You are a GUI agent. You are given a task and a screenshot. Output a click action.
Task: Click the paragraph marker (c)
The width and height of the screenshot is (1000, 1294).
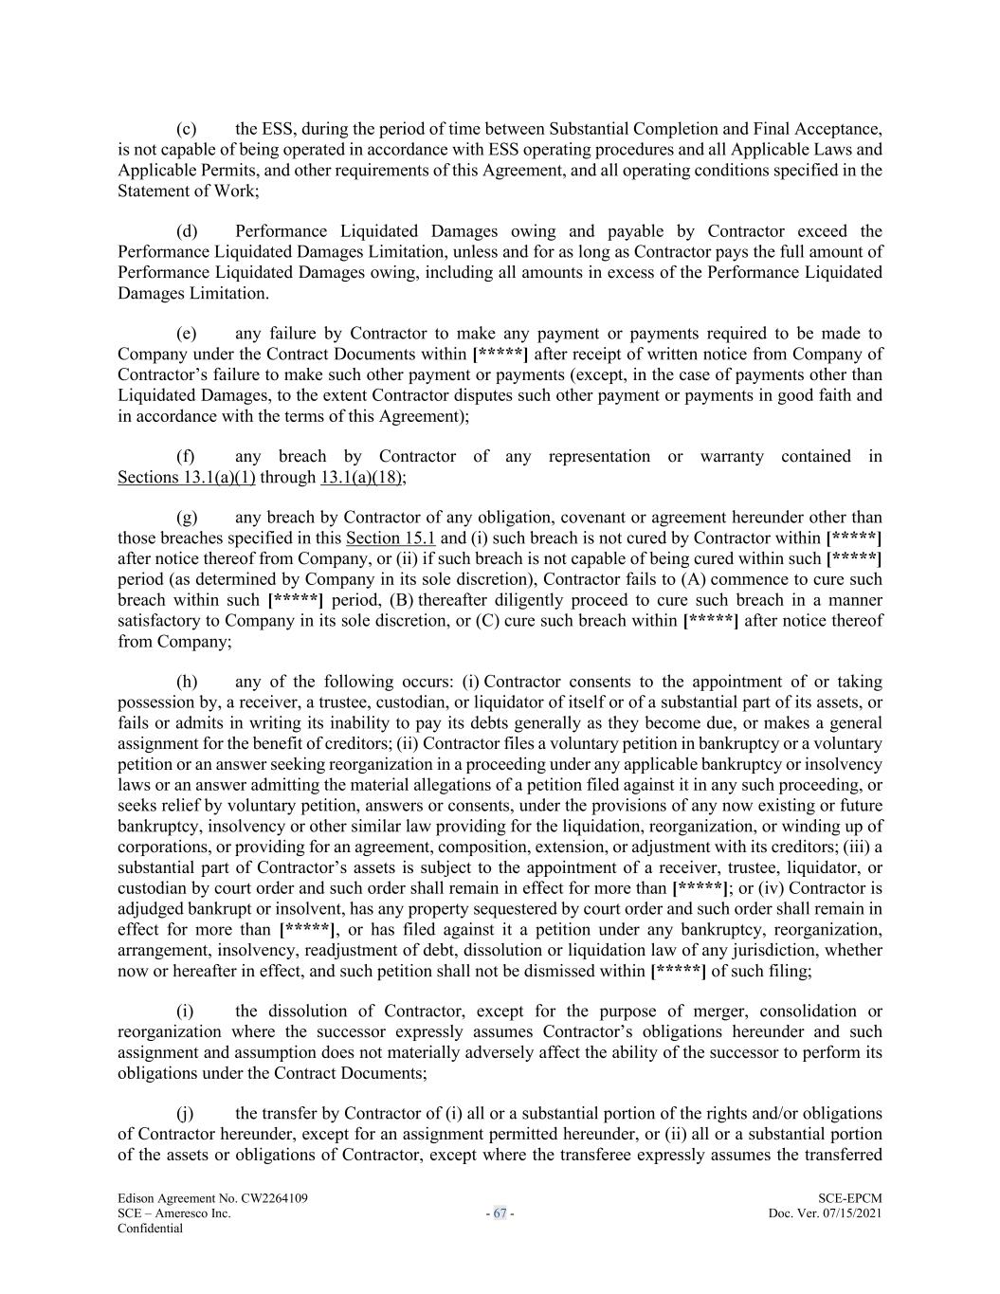pyautogui.click(x=186, y=129)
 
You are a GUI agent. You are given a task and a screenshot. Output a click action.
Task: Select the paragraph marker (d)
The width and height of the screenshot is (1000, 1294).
pyautogui.click(x=186, y=231)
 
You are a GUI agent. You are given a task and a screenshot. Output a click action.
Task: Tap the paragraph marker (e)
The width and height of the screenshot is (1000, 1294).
pyautogui.click(x=186, y=334)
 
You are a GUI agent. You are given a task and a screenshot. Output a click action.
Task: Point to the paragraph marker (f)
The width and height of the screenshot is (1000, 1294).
pyautogui.click(x=185, y=457)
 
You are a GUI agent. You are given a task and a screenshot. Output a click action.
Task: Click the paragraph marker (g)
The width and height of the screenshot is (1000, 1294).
pyautogui.click(x=186, y=518)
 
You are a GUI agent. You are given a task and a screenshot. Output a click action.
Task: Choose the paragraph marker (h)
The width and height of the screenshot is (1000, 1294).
pyautogui.click(x=186, y=682)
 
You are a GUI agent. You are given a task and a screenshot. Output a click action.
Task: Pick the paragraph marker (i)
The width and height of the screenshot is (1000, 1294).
pyautogui.click(x=185, y=1012)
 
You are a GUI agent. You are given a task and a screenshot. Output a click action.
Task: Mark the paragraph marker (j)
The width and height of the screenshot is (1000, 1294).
pyautogui.click(x=185, y=1114)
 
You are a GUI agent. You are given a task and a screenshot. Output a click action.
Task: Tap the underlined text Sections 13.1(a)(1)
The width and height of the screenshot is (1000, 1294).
pyautogui.click(x=186, y=477)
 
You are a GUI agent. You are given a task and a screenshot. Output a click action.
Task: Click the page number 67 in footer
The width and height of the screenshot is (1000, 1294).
pyautogui.click(x=500, y=1213)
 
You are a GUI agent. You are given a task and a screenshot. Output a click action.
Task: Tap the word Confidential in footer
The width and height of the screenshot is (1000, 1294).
pyautogui.click(x=150, y=1229)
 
